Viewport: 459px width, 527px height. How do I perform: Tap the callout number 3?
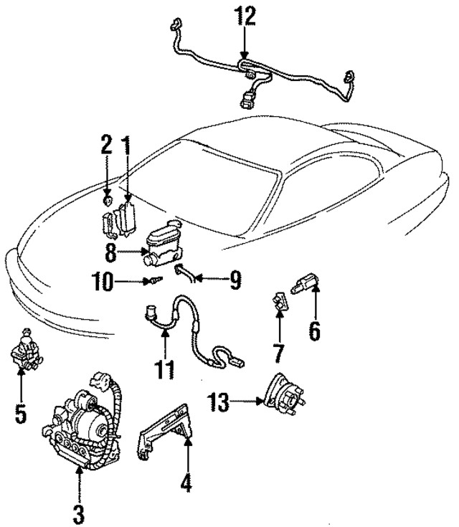(79, 513)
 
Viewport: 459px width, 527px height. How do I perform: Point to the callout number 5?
(21, 414)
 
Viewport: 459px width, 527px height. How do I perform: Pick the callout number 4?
(186, 484)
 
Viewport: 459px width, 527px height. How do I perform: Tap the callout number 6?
(314, 331)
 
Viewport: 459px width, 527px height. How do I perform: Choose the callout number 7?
(279, 352)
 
